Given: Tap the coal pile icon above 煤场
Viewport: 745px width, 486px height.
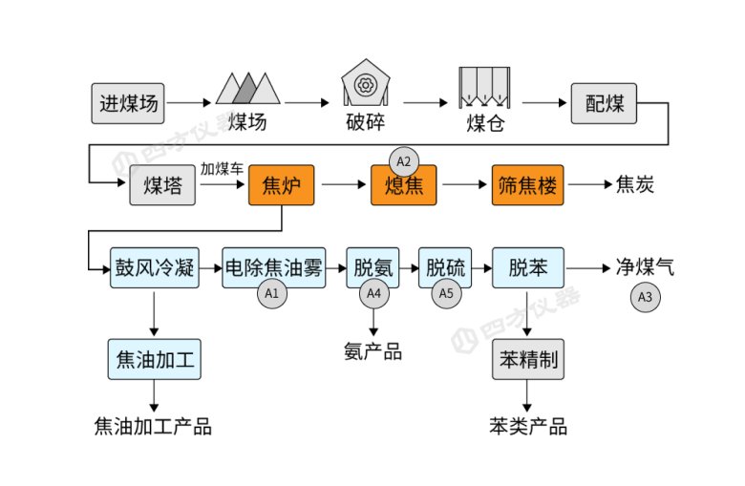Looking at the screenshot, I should coord(247,88).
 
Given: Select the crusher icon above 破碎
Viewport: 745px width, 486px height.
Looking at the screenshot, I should coord(364,85).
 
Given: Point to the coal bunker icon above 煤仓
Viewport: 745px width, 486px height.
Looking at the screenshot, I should coord(484,89).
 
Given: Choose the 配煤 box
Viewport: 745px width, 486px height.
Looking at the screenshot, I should coord(604,103).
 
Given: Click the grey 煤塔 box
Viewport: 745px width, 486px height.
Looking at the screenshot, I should coord(163,185).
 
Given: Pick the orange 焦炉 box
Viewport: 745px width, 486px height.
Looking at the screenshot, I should coord(281,185).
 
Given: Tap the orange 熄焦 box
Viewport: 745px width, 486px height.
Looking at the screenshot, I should coord(403,185).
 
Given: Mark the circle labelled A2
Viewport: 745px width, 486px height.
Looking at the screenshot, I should coord(403,159).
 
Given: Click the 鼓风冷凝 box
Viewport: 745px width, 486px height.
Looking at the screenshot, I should coord(154,268).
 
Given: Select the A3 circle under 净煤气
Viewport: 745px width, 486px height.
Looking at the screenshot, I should coord(646,297).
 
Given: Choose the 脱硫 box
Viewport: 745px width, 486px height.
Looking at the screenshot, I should coord(446,268).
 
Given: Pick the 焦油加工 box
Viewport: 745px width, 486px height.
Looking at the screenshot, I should coord(154,361).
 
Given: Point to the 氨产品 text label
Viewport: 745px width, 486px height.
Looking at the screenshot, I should coord(372,351).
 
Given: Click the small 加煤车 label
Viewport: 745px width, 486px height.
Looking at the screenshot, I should coord(222,169).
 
